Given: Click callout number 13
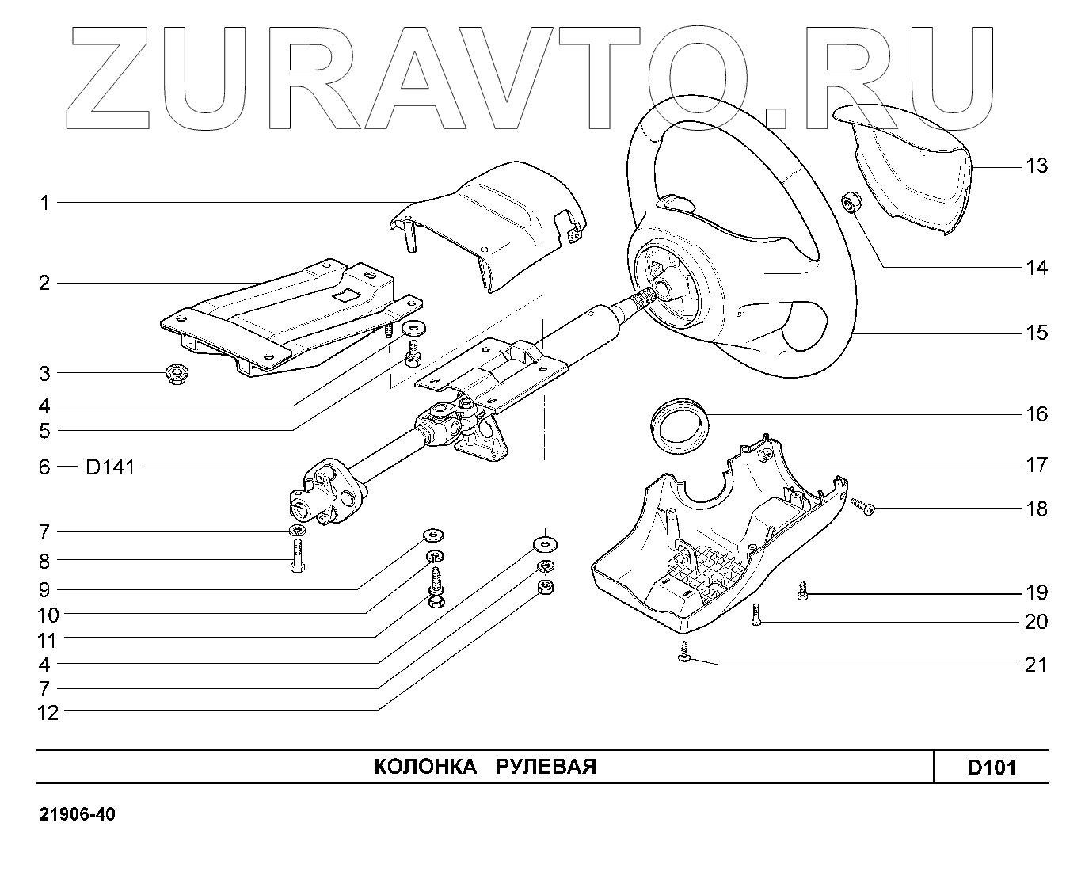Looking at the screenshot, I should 1036,166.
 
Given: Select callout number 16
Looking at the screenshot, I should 1036,414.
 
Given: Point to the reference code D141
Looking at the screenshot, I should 110,467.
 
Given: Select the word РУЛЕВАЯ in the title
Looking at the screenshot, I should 546,767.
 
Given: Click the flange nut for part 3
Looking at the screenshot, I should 176,373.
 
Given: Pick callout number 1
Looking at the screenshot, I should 45,203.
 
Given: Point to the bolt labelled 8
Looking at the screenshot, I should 297,557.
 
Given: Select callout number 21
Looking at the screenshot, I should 1036,665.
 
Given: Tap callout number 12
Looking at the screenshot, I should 48,713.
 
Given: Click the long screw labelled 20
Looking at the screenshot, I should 756,615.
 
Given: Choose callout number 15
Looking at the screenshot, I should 1036,333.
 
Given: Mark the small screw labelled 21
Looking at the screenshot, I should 685,654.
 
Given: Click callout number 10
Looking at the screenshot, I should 48,615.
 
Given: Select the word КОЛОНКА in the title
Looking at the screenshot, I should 424,767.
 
